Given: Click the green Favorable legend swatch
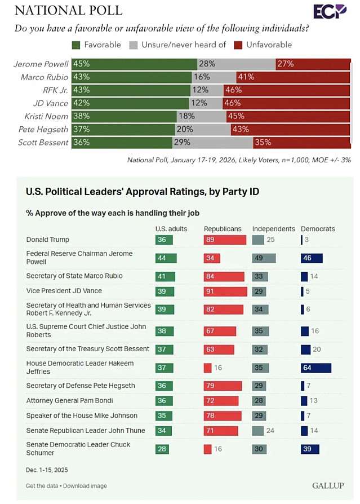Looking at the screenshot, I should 77,45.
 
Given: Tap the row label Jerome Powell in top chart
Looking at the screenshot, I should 41,64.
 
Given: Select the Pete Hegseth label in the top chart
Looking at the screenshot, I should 43,129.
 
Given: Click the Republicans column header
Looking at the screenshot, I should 223,229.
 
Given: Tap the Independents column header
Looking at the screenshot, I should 273,229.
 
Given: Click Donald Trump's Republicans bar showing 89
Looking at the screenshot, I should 225,240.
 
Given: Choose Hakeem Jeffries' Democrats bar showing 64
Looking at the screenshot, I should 315,368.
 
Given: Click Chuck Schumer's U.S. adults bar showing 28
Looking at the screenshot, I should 163,449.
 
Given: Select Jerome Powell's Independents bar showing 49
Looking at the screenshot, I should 264,258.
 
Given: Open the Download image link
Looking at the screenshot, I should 86,486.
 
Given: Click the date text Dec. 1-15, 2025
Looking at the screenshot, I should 46,470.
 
